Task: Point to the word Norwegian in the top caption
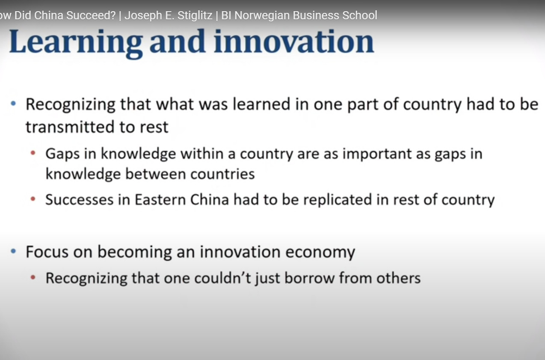(262, 15)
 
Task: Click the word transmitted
(70, 127)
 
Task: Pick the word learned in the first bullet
(261, 104)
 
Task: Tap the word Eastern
(160, 199)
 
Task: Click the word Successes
(80, 199)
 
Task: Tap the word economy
(320, 252)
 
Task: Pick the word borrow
(310, 278)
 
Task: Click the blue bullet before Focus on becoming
(13, 251)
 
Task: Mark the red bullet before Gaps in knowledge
(33, 153)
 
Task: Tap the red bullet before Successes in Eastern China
(33, 199)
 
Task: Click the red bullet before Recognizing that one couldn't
(33, 277)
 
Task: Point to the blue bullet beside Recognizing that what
(13, 104)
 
